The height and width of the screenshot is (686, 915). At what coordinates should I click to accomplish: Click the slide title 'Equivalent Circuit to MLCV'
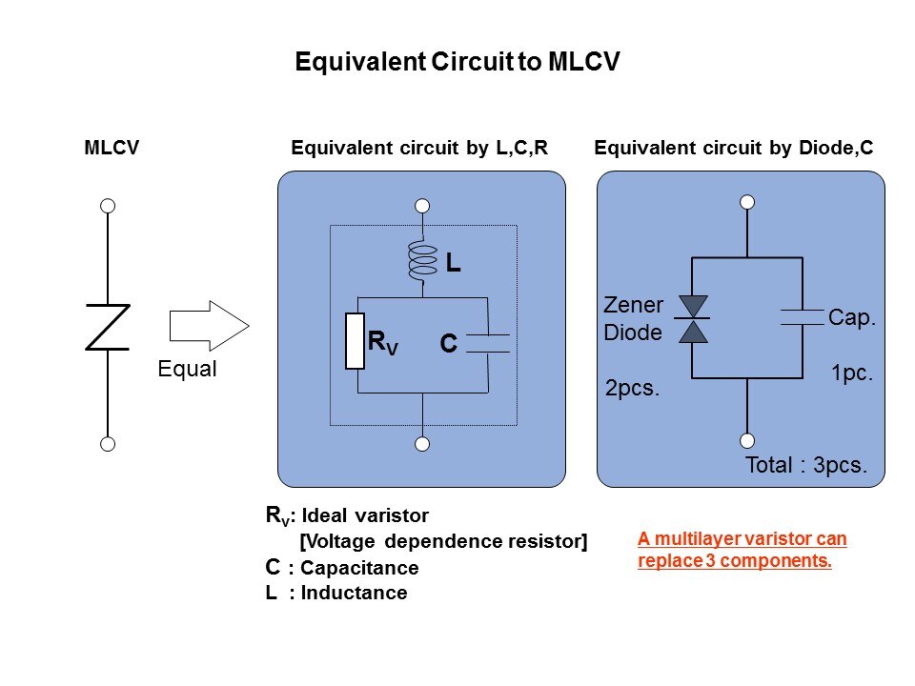(457, 63)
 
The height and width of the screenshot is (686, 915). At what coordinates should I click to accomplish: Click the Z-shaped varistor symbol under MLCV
(108, 327)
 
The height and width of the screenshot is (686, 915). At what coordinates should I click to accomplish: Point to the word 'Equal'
(188, 370)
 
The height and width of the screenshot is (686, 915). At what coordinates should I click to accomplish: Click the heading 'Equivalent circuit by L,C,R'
(423, 149)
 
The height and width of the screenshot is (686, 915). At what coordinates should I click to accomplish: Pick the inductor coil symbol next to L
(421, 261)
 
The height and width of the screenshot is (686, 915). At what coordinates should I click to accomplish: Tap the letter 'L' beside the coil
(454, 265)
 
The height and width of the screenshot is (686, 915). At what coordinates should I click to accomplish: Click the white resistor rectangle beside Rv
(354, 339)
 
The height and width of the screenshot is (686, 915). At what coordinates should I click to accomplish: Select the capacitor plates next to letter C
(488, 343)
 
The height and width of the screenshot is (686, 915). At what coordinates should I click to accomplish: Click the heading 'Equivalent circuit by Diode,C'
(734, 149)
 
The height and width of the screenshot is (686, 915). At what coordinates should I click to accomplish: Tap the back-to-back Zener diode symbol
(691, 318)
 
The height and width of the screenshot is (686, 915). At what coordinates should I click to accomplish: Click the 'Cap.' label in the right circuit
(852, 318)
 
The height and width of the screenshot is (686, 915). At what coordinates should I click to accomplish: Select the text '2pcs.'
(633, 389)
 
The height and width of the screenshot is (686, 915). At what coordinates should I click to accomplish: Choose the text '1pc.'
(851, 375)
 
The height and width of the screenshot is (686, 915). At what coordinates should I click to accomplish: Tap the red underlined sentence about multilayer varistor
(742, 550)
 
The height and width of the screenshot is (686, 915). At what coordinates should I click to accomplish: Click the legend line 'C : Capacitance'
(341, 568)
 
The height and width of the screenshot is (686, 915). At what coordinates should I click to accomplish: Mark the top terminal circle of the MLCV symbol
(108, 206)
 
